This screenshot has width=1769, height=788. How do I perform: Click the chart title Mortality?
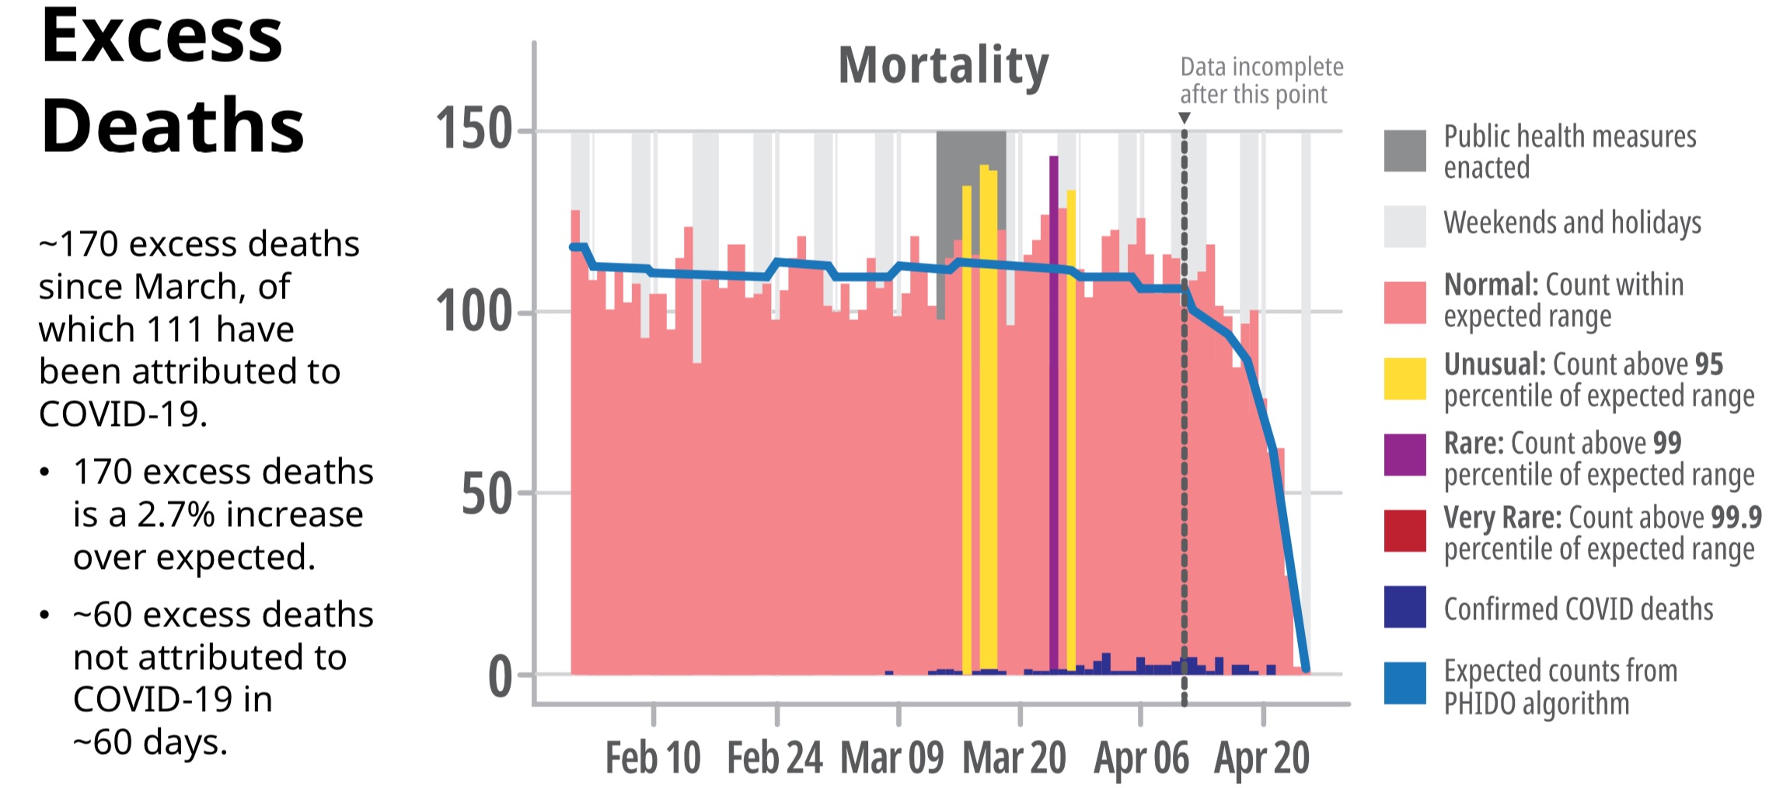[x=943, y=65]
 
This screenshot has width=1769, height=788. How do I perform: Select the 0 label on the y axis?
[x=500, y=676]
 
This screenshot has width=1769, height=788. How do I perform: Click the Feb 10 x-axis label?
[x=653, y=758]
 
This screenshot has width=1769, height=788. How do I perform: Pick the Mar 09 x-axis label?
[x=891, y=758]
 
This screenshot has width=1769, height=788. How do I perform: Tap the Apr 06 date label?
[x=1141, y=758]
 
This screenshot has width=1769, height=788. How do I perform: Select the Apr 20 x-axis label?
[x=1261, y=758]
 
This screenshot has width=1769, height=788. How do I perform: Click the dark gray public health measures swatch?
[x=1404, y=151]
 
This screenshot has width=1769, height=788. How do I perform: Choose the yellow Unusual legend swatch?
[x=1404, y=378]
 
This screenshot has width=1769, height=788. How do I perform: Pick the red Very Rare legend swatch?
[x=1404, y=531]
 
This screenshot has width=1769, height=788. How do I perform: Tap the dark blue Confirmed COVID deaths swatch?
[x=1404, y=607]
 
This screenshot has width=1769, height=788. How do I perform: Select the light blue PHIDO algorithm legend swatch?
[x=1404, y=683]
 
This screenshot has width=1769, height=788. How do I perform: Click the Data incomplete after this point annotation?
[x=1261, y=81]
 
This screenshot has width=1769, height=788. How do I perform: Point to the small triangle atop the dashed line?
[x=1184, y=118]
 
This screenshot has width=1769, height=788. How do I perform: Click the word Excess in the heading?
[x=162, y=37]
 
